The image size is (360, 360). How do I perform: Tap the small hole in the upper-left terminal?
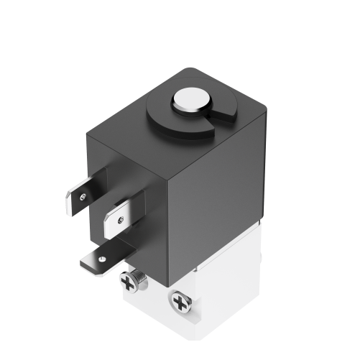[x=84, y=195]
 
